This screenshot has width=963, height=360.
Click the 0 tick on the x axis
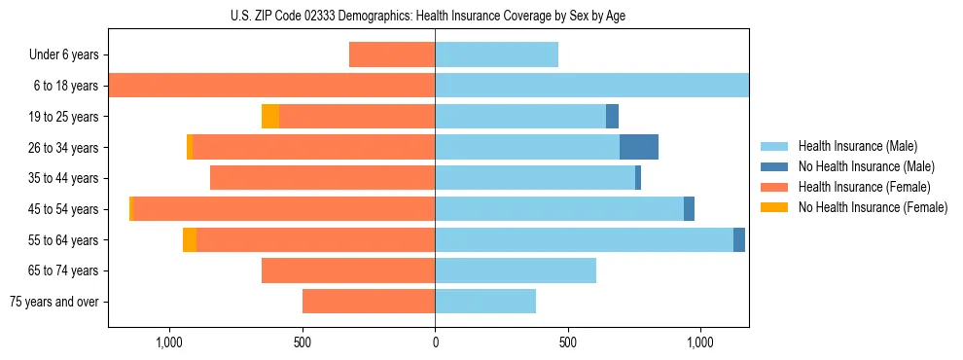435,343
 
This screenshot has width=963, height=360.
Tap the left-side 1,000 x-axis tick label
169,343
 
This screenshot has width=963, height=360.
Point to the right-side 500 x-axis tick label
568,343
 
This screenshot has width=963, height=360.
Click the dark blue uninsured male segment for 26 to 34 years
639,147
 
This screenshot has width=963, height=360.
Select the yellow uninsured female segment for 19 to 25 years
270,117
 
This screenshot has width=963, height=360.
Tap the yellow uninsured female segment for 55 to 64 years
190,239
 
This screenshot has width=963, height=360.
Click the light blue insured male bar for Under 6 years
496,55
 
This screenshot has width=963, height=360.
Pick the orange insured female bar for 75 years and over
369,302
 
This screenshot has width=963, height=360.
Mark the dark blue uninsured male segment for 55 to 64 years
739,239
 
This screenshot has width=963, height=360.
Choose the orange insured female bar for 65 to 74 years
348,270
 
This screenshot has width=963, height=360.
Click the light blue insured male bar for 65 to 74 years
516,270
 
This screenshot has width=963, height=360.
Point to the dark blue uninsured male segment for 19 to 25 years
612,117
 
